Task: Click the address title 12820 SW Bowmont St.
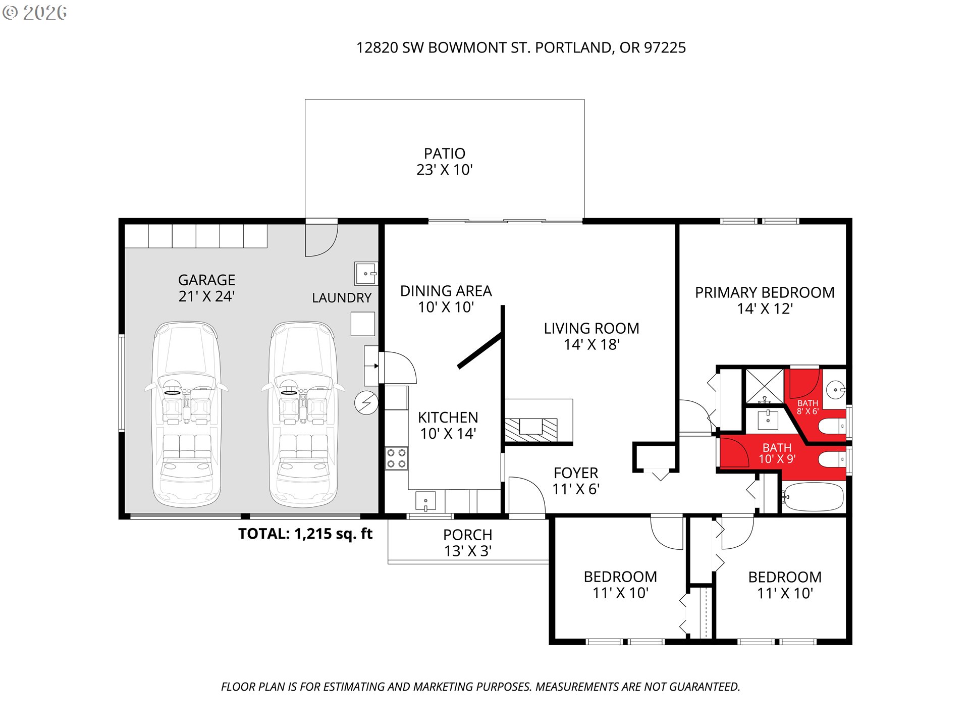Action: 521,47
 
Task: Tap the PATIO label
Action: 445,153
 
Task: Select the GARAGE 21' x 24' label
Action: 207,288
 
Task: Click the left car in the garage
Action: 186,414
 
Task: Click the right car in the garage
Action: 303,414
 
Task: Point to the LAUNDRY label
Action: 342,298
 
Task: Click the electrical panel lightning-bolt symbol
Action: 366,403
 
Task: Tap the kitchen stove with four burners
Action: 396,458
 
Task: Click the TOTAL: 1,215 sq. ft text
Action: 305,534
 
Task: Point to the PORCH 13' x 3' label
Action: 468,543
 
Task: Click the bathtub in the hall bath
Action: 813,497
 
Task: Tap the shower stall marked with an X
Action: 765,387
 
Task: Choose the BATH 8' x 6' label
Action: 807,407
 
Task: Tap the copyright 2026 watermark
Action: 35,13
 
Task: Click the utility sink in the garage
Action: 366,274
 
